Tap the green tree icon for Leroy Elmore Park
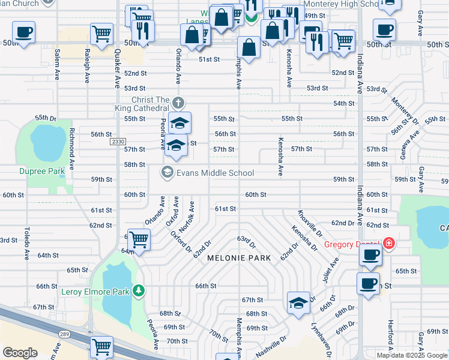tap(139, 291)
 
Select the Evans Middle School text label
tap(215, 173)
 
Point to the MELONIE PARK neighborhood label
tap(238, 258)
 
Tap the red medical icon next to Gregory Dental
tap(389, 243)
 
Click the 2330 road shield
tap(118, 142)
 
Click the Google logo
tap(20, 353)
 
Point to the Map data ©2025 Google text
tap(412, 355)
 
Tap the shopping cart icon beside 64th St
tap(139, 239)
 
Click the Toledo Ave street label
tap(27, 244)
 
